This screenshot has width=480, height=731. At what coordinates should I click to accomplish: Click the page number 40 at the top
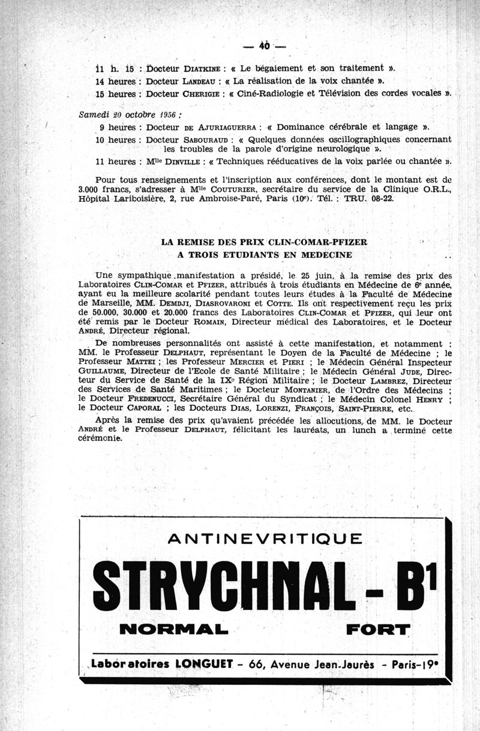[x=265, y=46]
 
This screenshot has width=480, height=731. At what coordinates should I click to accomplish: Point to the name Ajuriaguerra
[x=229, y=127]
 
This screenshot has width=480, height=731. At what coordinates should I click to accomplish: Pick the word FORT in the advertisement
[x=377, y=630]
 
